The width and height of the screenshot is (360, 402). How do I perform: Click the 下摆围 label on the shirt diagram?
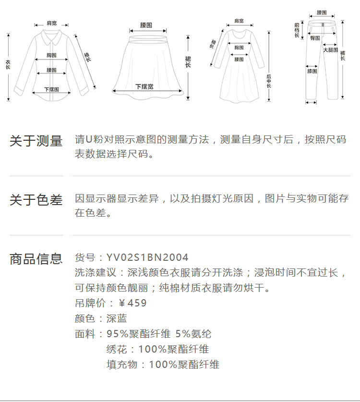51,89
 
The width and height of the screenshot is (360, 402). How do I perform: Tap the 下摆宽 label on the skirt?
144,86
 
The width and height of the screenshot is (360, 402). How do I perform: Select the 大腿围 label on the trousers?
330,50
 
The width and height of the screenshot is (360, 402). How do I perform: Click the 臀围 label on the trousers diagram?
315,37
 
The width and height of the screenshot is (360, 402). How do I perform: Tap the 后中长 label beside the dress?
269,81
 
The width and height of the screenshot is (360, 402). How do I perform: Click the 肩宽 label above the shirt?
51,23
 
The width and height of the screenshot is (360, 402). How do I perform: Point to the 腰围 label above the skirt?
146,24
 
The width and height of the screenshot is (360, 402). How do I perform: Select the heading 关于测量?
36,141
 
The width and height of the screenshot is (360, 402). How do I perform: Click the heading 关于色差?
36,200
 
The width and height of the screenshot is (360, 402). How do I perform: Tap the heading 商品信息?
36,259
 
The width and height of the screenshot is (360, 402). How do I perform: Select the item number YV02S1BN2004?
147,258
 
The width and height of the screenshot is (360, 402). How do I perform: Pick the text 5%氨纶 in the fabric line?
193,334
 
